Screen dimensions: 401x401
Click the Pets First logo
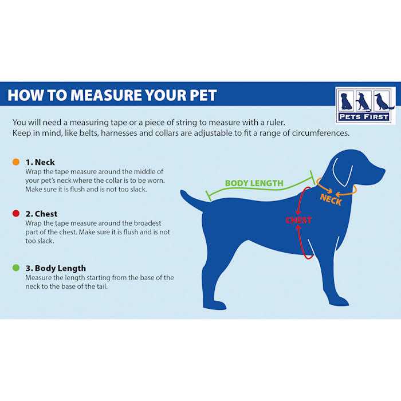click(365, 105)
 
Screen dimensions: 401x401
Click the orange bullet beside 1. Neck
click(15, 162)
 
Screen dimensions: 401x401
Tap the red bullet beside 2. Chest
click(15, 214)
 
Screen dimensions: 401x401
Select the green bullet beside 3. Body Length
click(15, 268)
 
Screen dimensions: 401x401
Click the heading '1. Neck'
click(40, 162)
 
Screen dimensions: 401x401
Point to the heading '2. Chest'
click(41, 214)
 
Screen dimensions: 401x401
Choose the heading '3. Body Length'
click(56, 268)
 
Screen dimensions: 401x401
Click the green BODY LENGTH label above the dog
click(254, 183)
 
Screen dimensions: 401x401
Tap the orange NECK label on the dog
click(331, 199)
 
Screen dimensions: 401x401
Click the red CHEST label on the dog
click(298, 220)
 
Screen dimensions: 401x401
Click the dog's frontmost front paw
click(340, 301)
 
